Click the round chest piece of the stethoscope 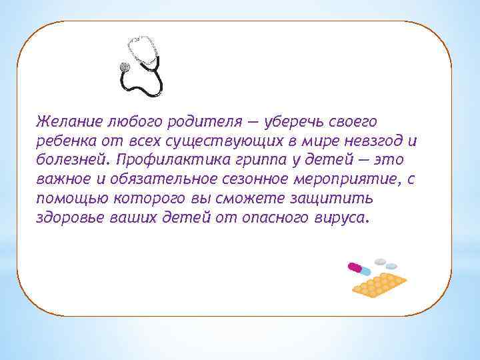123,67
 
